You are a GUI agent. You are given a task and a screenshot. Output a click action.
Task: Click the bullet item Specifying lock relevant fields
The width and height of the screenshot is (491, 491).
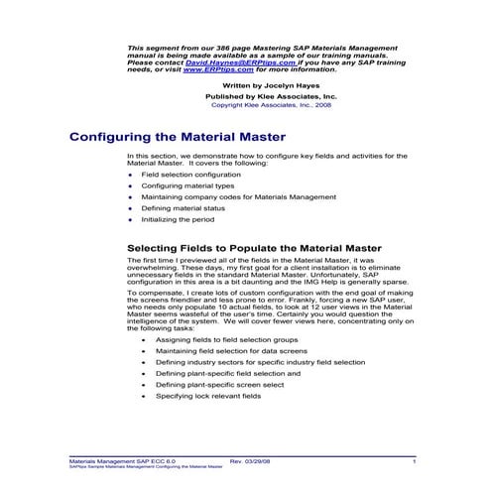pyautogui.click(x=207, y=396)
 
